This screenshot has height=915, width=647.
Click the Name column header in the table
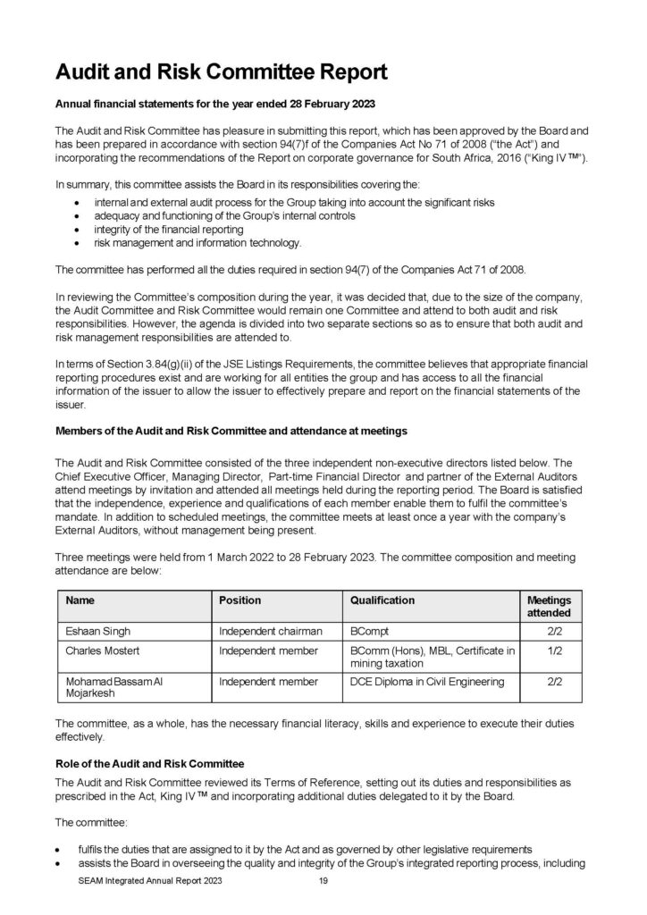tap(81, 600)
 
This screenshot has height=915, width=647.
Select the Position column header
tap(239, 600)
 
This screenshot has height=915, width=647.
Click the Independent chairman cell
tap(265, 631)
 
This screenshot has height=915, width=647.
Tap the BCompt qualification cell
tap(371, 631)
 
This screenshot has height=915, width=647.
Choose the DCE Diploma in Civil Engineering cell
tap(427, 682)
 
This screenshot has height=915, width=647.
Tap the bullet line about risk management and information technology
tap(190, 242)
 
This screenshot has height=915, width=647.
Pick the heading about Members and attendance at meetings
tap(231, 431)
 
